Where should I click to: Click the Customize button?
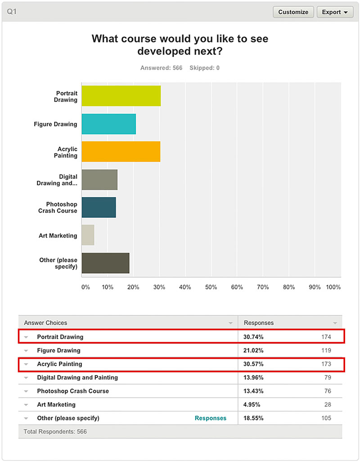coord(293,12)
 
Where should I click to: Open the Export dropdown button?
coord(335,12)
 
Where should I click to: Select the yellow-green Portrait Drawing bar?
coord(121,96)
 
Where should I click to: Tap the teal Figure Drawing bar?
coord(108,124)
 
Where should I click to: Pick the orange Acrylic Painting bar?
coord(121,152)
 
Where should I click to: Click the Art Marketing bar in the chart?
coord(88,235)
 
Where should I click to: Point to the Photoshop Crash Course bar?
coord(99,208)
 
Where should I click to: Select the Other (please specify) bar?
coord(105,263)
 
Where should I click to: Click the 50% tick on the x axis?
coord(211,287)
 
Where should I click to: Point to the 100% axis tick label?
coord(333,287)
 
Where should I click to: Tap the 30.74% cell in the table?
coord(254,337)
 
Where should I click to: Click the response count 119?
coord(326,350)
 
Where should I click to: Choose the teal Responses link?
coord(211,418)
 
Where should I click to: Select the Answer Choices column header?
coord(45,323)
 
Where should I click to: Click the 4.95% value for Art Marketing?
coord(252,405)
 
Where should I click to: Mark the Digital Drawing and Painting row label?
coord(77,378)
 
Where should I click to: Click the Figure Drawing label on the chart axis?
coord(55,124)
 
